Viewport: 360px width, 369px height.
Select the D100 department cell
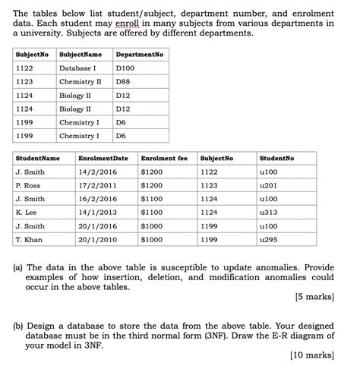(x=125, y=68)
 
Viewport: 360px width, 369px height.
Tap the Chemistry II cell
(x=80, y=82)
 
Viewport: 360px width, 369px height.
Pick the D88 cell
(x=123, y=82)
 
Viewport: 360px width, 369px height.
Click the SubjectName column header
(x=81, y=55)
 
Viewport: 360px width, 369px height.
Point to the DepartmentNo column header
(x=139, y=55)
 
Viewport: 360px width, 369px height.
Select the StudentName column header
(x=37, y=158)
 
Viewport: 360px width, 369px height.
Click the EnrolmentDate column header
(x=103, y=158)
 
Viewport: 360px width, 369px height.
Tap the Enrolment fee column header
(x=163, y=158)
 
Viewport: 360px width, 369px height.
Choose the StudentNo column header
(x=276, y=158)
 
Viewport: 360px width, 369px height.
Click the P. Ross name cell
(x=28, y=185)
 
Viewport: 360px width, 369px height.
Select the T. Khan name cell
(x=29, y=240)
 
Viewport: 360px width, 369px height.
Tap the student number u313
(x=268, y=213)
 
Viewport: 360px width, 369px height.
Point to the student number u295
(x=268, y=240)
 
